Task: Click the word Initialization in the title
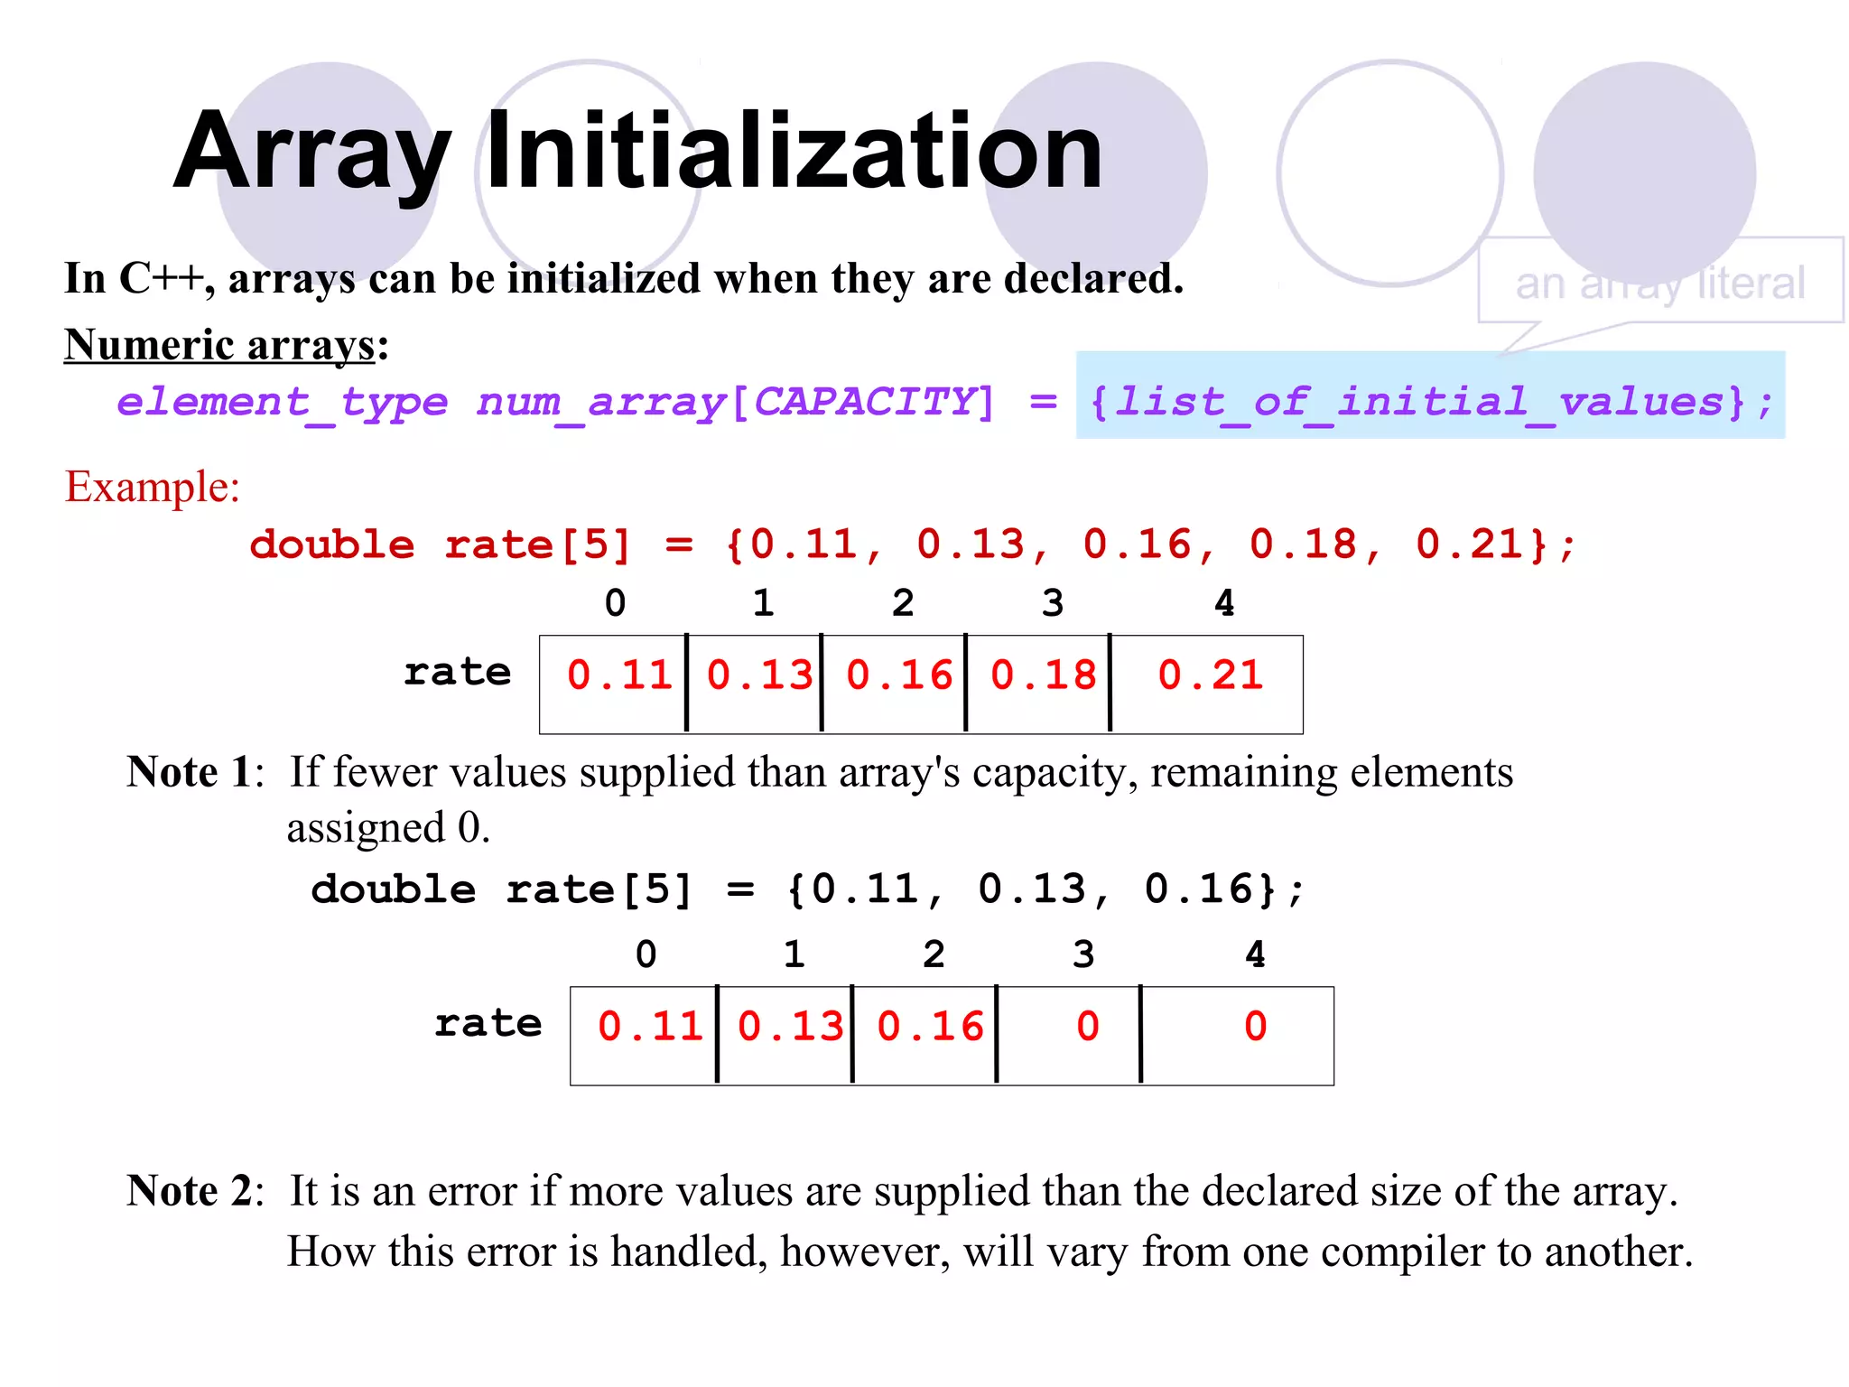(794, 152)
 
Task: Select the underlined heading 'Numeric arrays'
(219, 345)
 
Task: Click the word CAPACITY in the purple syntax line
(865, 402)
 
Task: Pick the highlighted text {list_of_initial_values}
(1430, 402)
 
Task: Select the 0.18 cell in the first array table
(1042, 675)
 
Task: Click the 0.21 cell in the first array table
(1210, 675)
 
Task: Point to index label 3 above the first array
(1053, 603)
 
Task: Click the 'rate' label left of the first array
(457, 673)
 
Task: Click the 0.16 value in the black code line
(1198, 889)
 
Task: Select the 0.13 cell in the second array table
(790, 1027)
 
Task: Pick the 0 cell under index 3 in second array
(1087, 1027)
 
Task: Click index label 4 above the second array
(1255, 954)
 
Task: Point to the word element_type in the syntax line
(282, 402)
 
